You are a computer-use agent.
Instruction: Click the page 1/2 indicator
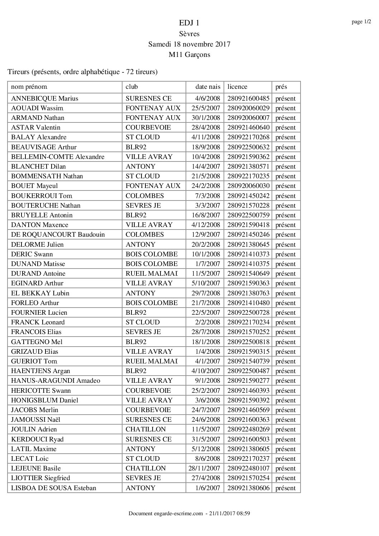tap(361, 22)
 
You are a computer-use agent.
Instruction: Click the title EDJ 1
tap(189, 23)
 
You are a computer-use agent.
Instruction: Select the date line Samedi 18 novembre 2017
tap(189, 44)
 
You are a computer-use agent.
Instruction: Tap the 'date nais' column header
tap(208, 87)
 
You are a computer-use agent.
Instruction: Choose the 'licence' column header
tap(237, 87)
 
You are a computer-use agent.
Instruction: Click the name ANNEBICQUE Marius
tap(45, 98)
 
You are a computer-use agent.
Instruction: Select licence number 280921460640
tap(248, 127)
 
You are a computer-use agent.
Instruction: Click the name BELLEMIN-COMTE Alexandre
tap(58, 157)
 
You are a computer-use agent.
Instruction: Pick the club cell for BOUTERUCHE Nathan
tap(143, 206)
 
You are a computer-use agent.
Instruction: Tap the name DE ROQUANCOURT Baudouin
tap(58, 235)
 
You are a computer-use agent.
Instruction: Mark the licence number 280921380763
tap(248, 293)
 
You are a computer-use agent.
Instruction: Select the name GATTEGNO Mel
tap(37, 342)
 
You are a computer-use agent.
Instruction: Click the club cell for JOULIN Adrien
tap(146, 429)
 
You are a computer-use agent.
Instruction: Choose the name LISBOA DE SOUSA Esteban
tap(54, 488)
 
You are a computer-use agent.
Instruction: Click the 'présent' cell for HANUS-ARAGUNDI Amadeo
tap(286, 381)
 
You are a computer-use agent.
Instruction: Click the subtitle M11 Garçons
tap(189, 55)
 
